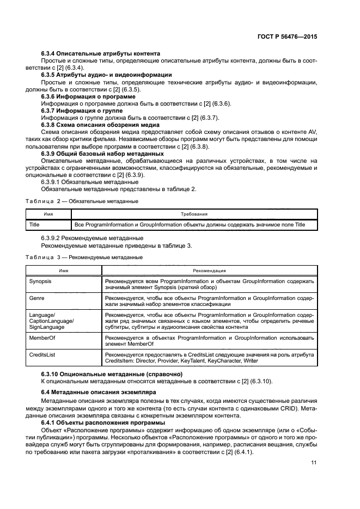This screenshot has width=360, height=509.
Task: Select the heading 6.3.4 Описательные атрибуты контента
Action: tap(101, 53)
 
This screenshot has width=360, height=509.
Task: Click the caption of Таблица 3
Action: tap(84, 257)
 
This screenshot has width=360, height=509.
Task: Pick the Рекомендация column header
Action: tap(209, 271)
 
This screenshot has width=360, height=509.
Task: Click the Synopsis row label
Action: tap(40, 281)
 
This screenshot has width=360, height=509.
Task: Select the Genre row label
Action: tap(36, 299)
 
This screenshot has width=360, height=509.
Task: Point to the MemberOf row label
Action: tap(41, 338)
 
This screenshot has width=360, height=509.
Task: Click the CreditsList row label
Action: tap(42, 354)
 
